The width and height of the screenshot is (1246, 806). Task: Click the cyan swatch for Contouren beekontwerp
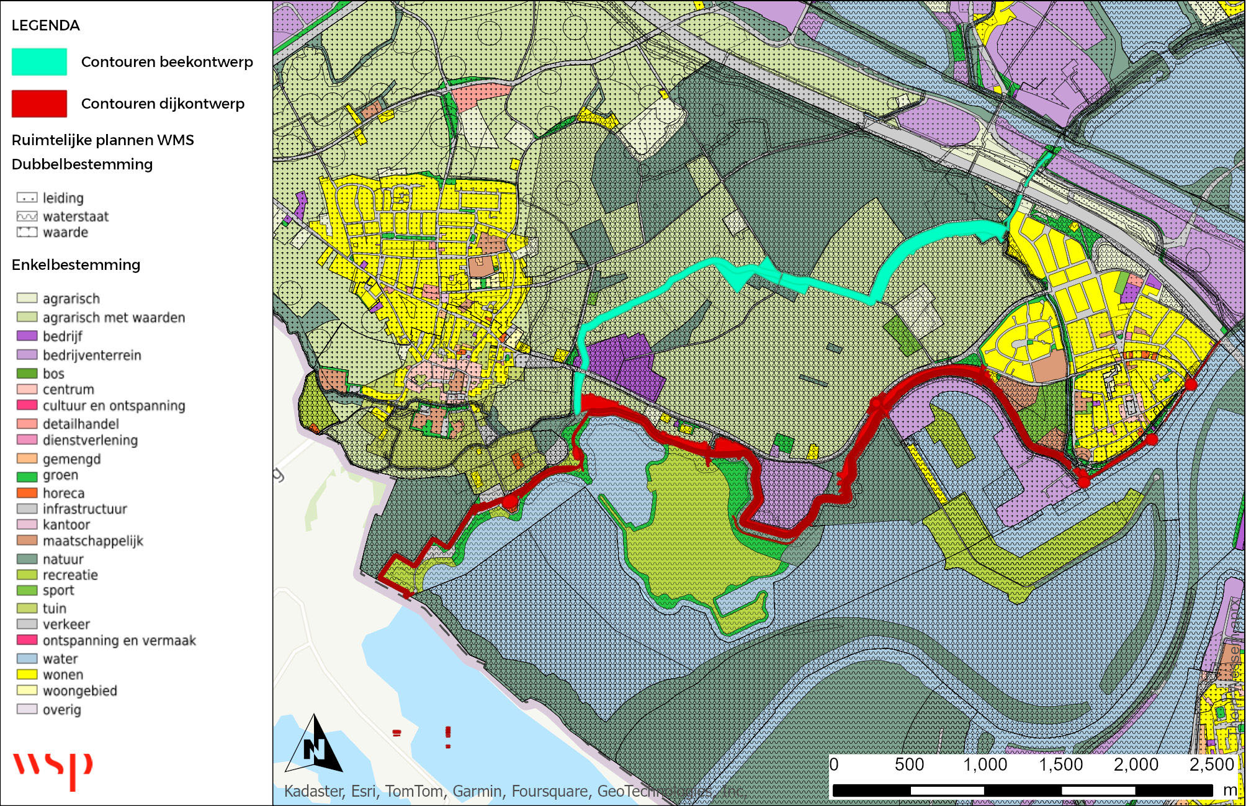[x=39, y=62]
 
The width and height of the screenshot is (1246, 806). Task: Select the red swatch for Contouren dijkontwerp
[x=39, y=104]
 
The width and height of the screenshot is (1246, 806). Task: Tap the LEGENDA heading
[x=45, y=25]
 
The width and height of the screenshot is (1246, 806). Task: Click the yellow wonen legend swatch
[x=27, y=674]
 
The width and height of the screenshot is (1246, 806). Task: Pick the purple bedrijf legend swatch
[x=27, y=336]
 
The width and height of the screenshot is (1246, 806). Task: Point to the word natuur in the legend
[x=63, y=559]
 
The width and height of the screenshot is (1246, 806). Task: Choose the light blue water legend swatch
[x=27, y=658]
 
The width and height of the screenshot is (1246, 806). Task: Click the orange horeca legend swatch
[x=27, y=493]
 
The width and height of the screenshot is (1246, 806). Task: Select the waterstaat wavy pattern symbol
[x=27, y=217]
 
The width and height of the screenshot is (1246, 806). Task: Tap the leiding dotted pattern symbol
[x=27, y=198]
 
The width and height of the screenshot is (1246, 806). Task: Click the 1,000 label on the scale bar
[x=985, y=764]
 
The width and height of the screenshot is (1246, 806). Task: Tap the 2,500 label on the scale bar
[x=1211, y=764]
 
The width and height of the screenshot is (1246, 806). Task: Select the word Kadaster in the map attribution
[x=313, y=791]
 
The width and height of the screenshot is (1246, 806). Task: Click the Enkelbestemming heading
[x=76, y=265]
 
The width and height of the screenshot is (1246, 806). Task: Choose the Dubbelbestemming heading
[x=82, y=164]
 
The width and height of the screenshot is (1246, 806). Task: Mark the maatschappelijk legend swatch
[x=27, y=540]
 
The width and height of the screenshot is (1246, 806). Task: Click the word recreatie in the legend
[x=70, y=575]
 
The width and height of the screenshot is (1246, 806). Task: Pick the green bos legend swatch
[x=27, y=374]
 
